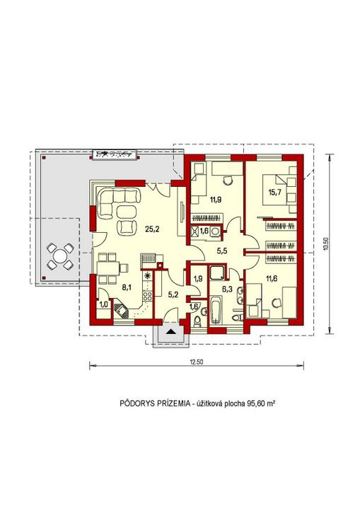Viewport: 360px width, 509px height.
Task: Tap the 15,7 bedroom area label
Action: [274, 192]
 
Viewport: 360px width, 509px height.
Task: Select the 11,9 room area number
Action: [215, 200]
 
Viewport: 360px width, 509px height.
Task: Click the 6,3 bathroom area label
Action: [227, 278]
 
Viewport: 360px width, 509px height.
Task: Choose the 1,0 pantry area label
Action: [103, 305]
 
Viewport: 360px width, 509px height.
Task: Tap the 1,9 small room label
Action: [198, 278]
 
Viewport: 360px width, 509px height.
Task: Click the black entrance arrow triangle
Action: [171, 331]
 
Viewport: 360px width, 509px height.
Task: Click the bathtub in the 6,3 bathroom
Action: [215, 309]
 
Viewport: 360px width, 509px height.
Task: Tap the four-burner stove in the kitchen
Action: [148, 296]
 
